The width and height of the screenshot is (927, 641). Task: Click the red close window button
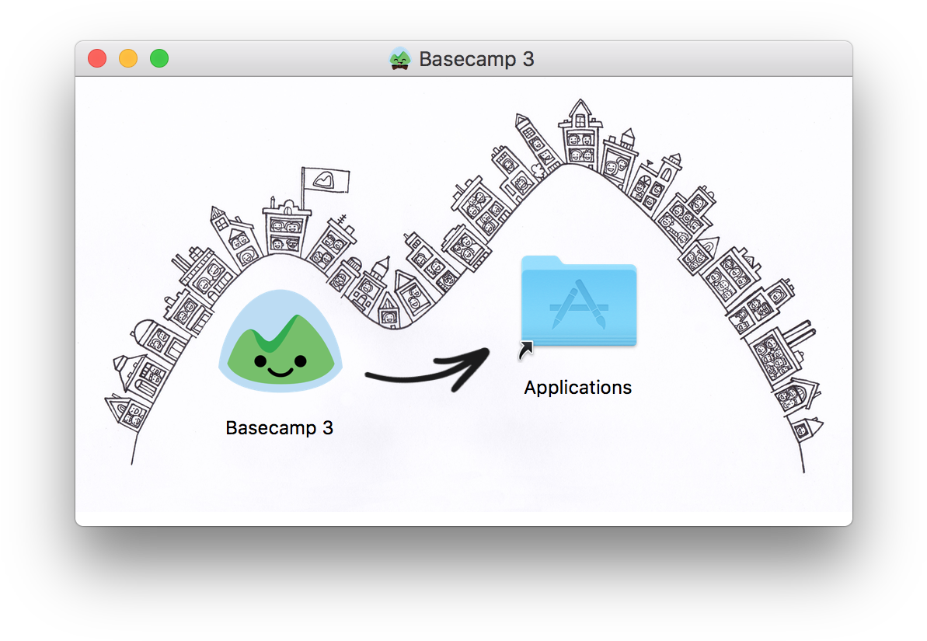point(97,58)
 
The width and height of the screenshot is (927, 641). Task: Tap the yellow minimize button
point(128,58)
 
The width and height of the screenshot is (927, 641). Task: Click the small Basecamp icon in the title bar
point(400,58)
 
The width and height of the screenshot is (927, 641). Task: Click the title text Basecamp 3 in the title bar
point(476,59)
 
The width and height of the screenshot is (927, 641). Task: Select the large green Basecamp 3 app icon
point(281,340)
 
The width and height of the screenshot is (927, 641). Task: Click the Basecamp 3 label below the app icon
point(280,427)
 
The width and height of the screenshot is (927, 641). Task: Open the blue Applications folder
point(579,301)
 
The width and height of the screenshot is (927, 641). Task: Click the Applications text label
point(577,388)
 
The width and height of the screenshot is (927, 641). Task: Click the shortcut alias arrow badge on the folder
point(525,350)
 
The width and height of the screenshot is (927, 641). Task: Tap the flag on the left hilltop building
point(326,179)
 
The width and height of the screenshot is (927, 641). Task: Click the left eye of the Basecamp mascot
point(261,360)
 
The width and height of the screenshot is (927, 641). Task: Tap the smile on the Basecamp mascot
point(281,372)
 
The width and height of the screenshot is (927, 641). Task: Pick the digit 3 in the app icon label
point(328,427)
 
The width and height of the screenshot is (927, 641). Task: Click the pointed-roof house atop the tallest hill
point(580,132)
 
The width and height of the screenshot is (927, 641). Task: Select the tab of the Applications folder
point(541,261)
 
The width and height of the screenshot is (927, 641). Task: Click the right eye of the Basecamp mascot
point(301,360)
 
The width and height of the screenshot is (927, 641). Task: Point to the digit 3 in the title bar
point(528,59)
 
